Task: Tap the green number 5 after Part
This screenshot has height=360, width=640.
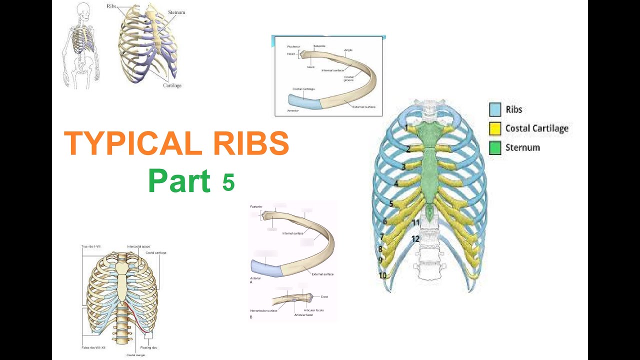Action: pyautogui.click(x=228, y=182)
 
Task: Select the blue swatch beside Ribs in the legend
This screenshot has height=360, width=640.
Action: pyautogui.click(x=494, y=109)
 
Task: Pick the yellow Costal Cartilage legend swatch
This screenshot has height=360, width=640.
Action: pyautogui.click(x=494, y=128)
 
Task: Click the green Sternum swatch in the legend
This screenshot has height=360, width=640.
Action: pyautogui.click(x=494, y=148)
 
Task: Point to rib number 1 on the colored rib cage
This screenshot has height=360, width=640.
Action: pyautogui.click(x=406, y=128)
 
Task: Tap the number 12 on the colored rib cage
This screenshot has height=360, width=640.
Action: pyautogui.click(x=415, y=239)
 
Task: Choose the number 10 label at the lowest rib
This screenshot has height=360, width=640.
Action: pyautogui.click(x=382, y=275)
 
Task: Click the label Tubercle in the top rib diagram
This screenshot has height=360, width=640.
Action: pyautogui.click(x=319, y=46)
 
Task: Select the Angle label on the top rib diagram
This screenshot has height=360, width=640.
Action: pyautogui.click(x=349, y=50)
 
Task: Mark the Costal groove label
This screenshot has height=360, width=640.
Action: pyautogui.click(x=349, y=78)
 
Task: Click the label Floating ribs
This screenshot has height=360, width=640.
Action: pyautogui.click(x=149, y=347)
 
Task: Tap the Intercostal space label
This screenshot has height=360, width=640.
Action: pyautogui.click(x=138, y=246)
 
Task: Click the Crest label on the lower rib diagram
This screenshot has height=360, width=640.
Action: pyautogui.click(x=324, y=297)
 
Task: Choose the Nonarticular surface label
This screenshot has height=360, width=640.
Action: pyautogui.click(x=263, y=311)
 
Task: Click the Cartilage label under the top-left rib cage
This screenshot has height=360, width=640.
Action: pyautogui.click(x=172, y=85)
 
